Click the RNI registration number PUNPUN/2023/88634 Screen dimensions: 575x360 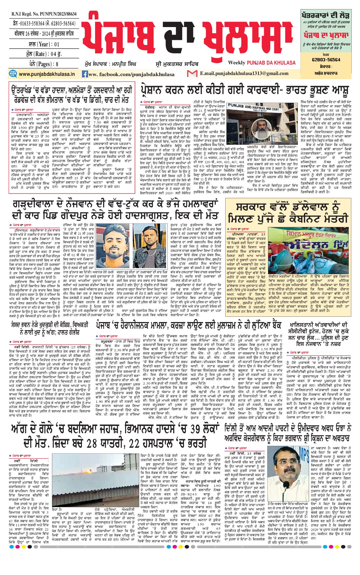pos(44,14)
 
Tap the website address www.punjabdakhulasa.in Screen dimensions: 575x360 pos(47,74)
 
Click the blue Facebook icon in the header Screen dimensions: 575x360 pos(85,74)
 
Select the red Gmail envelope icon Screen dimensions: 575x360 pos(192,73)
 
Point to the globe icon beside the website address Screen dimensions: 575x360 pos(13,74)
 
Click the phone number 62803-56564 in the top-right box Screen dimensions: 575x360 pos(326,60)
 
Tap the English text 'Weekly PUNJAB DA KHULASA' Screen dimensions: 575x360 pos(262,63)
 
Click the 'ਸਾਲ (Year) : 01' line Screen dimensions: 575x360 pos(44,44)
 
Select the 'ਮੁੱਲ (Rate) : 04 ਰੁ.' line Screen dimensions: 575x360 pos(44,54)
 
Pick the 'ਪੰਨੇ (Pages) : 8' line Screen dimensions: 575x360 pos(44,64)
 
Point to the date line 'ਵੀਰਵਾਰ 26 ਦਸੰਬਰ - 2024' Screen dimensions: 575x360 pos(44,34)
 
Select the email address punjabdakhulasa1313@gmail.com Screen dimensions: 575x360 pos(244,73)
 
